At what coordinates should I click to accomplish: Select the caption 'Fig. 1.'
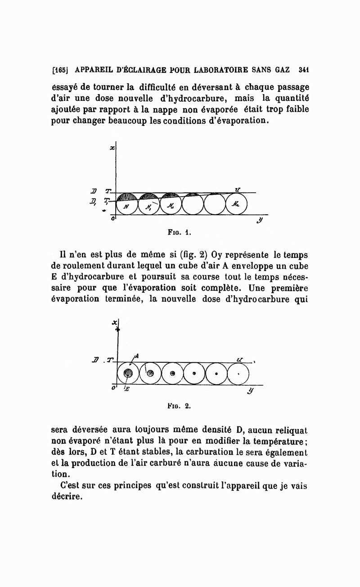[x=180, y=233]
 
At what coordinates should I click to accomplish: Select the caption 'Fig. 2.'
[x=179, y=405]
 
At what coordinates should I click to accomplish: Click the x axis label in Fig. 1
[x=111, y=148]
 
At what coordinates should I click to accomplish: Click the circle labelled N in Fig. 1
[x=127, y=205]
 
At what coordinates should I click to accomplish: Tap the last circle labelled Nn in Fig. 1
[x=236, y=204]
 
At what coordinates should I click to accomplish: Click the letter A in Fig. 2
[x=137, y=355]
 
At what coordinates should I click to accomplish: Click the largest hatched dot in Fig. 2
[x=128, y=373]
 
